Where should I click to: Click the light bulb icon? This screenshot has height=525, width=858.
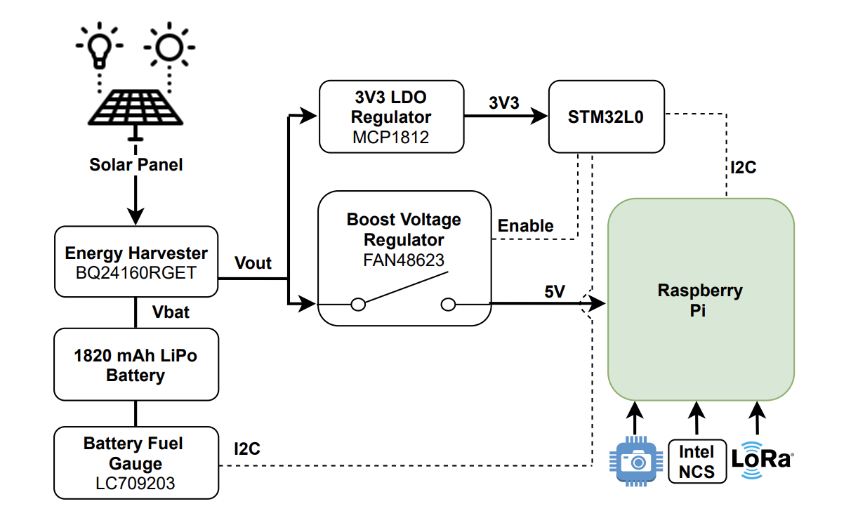pos(99,48)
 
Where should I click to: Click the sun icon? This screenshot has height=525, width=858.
pos(169,48)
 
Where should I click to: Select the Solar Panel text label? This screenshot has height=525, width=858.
pos(136,165)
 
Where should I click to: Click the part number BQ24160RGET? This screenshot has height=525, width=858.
pos(136,272)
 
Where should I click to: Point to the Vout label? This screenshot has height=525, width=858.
pos(253,263)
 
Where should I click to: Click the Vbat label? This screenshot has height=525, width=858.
pos(171,312)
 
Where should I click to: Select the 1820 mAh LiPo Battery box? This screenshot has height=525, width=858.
pos(136,365)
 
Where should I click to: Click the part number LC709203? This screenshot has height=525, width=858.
pos(136,484)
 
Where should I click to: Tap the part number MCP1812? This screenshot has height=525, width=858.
pos(391,138)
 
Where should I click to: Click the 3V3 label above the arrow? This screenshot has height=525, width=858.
pos(504,103)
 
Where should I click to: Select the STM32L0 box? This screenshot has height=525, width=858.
pos(606,117)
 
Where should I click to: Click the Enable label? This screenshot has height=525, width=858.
pos(525,226)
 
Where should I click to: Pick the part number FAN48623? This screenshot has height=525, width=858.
pos(404,260)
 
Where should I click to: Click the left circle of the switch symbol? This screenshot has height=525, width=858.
pos(358,304)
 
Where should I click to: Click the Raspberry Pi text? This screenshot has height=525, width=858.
pos(700,300)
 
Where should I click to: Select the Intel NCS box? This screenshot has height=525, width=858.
pos(697,461)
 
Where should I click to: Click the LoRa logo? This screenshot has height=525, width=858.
pos(760,460)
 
